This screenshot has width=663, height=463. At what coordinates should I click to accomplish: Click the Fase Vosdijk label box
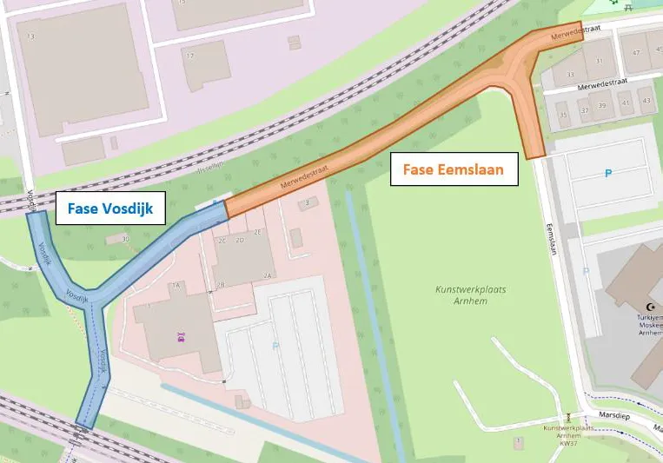111,208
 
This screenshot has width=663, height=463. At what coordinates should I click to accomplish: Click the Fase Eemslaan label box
454,169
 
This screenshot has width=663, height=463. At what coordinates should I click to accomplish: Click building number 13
30,36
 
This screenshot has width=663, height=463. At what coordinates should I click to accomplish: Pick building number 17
190,56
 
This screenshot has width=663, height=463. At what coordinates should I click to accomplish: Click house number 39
601,105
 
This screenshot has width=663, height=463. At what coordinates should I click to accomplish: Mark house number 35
563,114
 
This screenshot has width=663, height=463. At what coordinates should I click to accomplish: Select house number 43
645,101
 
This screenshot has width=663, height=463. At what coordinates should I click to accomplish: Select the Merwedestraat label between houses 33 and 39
597,83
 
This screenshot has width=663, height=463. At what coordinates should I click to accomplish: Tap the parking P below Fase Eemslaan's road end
607,173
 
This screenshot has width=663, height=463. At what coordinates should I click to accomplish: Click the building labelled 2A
269,274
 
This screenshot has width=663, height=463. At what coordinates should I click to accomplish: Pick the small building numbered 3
307,203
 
